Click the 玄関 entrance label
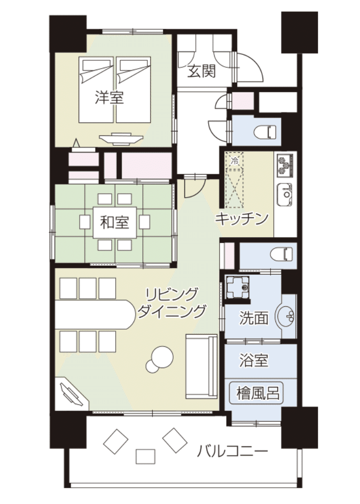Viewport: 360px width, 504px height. pos(202,72)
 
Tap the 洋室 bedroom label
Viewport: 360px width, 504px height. pos(109,98)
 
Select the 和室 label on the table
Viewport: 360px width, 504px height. pos(114,222)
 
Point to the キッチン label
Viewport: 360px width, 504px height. pos(242,219)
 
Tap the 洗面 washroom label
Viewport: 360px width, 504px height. pos(254,318)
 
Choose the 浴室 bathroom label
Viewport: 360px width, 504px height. pos(254,360)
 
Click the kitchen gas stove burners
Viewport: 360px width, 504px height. pos(285,165)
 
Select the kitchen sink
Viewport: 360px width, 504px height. pos(284,195)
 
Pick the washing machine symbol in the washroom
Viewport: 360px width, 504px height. pos(238,287)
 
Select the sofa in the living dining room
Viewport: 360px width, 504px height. pos(201,366)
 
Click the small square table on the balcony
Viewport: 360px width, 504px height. pos(145,457)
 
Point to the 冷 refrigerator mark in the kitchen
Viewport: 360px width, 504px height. pos(235,161)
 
